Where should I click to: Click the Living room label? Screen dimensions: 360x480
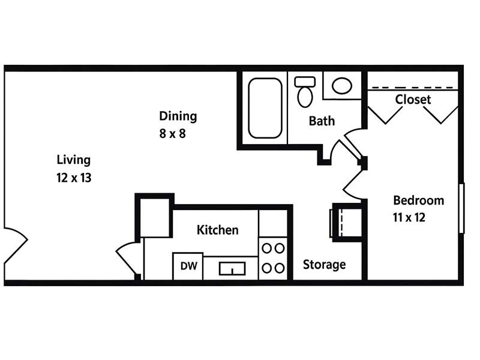73,160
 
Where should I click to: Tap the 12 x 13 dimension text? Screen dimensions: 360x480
73,178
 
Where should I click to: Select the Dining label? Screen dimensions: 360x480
178,116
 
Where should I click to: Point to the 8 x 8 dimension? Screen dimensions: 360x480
172,133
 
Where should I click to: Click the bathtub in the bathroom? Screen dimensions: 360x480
265,108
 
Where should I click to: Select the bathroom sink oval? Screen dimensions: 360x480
342,86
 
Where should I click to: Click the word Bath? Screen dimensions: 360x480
322,121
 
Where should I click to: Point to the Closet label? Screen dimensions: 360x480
413,100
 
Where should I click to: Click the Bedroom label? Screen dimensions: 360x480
418,200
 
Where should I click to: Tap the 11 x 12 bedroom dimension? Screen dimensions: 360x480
409,217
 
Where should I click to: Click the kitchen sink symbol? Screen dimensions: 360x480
232,268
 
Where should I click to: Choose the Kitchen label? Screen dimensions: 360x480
217,230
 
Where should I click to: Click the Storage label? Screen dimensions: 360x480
324,264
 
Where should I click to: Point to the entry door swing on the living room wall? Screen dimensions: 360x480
16,245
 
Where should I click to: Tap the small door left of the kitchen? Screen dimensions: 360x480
128,258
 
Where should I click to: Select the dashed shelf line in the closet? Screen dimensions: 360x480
413,88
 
